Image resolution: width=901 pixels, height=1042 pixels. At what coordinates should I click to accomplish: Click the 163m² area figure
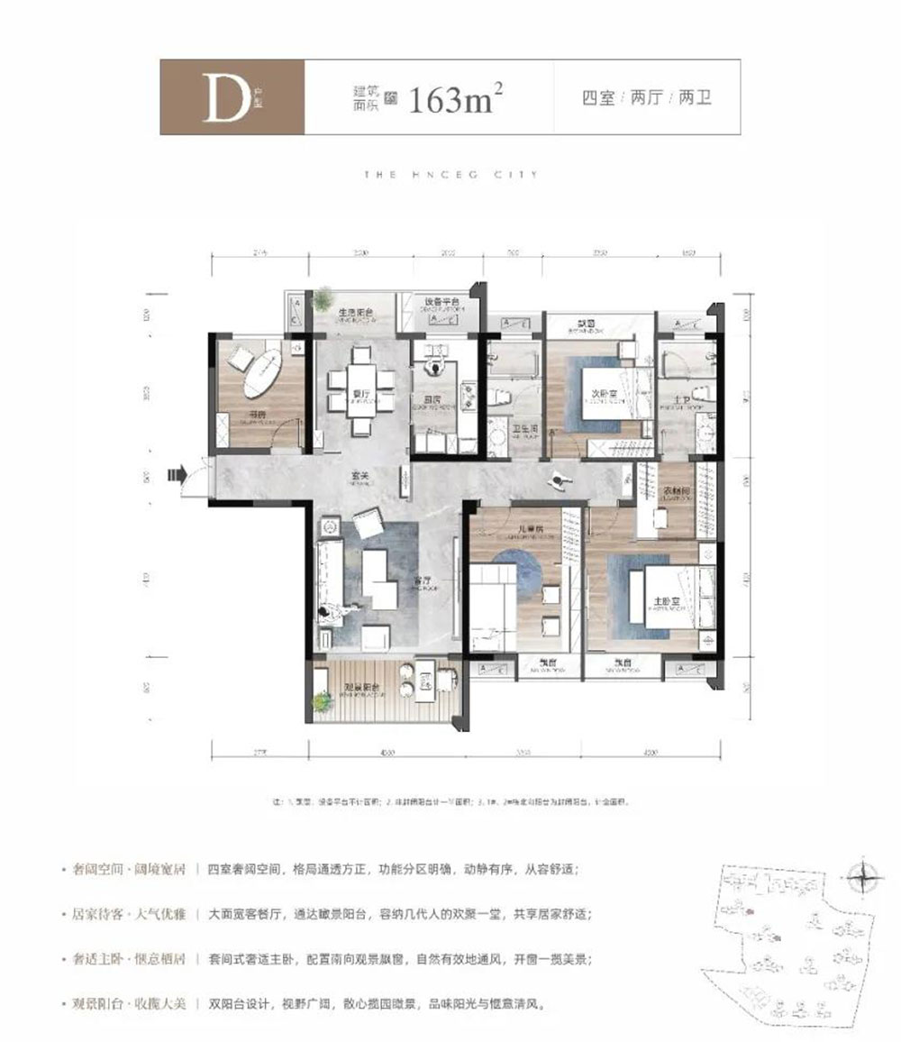click(454, 98)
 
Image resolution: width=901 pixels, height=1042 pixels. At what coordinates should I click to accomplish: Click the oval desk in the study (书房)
click(265, 370)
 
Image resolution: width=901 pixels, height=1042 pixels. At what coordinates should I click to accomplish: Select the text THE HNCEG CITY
click(450, 175)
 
